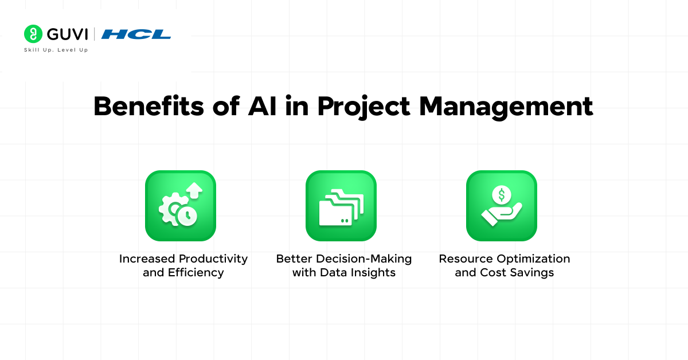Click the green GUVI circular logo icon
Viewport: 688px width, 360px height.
(33, 34)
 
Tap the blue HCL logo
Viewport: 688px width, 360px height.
(136, 34)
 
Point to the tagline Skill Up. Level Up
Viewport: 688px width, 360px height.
(56, 50)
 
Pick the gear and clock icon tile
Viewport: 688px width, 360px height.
(181, 206)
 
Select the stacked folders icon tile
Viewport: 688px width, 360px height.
(341, 206)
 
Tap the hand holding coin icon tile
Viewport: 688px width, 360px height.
(502, 206)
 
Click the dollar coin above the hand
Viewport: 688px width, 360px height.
(502, 195)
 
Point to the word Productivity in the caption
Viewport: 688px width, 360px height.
(213, 259)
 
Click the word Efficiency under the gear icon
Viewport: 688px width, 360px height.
(196, 272)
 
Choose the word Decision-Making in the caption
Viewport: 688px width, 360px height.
(365, 259)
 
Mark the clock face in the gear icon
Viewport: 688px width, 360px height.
(187, 215)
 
